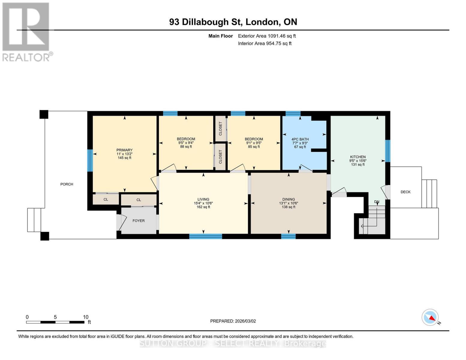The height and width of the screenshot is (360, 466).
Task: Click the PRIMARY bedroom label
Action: [x=125, y=150]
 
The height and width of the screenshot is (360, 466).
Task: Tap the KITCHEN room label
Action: [x=358, y=157]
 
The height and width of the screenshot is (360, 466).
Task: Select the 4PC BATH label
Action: [x=300, y=139]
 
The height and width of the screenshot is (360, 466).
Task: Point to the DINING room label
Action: [x=288, y=199]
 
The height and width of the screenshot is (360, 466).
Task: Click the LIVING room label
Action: [x=203, y=199]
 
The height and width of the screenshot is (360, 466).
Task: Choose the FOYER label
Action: [x=139, y=220]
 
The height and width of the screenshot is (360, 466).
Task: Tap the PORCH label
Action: [x=67, y=184]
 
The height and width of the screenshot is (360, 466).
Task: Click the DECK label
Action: [x=405, y=192]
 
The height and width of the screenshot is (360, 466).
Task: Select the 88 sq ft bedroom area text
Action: [x=186, y=147]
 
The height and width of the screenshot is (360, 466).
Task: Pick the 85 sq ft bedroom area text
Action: [x=254, y=147]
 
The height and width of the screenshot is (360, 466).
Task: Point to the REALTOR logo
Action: [x=26, y=31]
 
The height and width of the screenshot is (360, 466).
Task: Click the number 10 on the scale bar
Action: [x=86, y=317]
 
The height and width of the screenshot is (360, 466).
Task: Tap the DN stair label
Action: [x=377, y=202]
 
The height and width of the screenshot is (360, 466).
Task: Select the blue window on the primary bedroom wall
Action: [x=90, y=160]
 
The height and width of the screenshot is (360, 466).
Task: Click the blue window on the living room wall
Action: [x=206, y=236]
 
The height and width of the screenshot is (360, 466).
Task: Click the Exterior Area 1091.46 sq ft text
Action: [x=267, y=36]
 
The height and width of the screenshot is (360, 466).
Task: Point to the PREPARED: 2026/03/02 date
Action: [x=233, y=321]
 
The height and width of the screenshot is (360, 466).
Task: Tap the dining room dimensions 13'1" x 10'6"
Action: [x=288, y=203]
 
